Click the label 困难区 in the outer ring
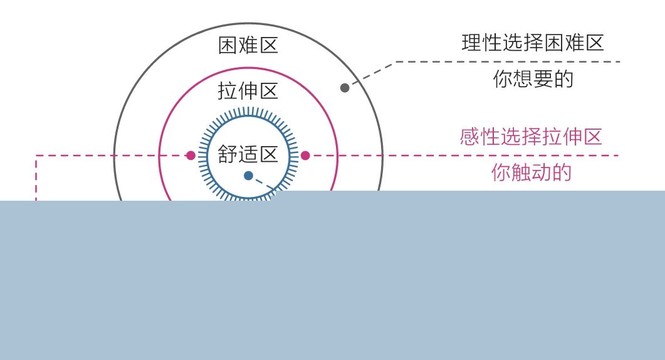[x=248, y=45]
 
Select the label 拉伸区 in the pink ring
[x=248, y=91]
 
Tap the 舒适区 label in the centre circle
[x=248, y=154]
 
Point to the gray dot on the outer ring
[x=345, y=88]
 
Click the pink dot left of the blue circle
[x=191, y=156]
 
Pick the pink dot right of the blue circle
[x=305, y=156]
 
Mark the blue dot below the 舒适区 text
[x=248, y=176]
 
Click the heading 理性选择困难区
[x=533, y=43]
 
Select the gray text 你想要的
[x=533, y=79]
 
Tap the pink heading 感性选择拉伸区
[x=531, y=137]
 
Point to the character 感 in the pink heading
[x=470, y=137]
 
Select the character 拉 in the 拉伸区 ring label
[x=228, y=91]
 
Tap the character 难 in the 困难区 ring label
[x=248, y=45]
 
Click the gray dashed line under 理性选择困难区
[x=508, y=61]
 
